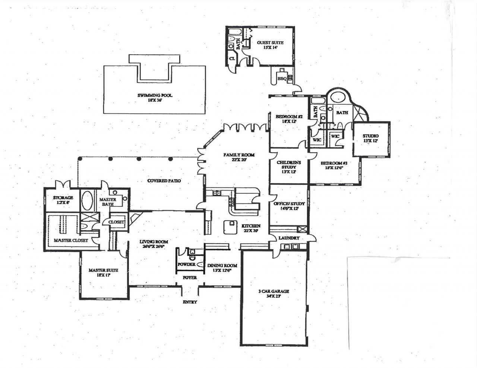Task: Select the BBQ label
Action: coord(281,79)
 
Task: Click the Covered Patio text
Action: coord(164,181)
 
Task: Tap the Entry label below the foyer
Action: coord(190,302)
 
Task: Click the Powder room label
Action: coord(186,264)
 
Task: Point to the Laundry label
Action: coord(289,238)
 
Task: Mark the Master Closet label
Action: coord(71,240)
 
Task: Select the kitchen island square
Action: coord(230,226)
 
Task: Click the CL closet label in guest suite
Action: coord(232,58)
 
